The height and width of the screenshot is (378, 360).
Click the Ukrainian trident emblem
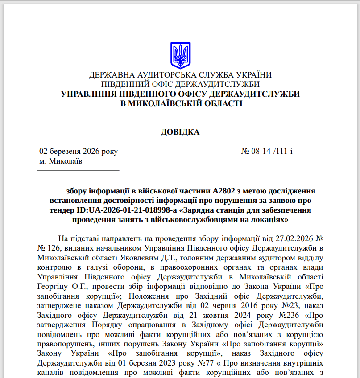click(x=180, y=55)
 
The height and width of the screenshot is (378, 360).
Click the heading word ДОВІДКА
click(x=180, y=132)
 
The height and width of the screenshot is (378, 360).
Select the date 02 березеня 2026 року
click(x=79, y=151)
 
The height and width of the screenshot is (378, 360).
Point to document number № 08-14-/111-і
click(x=267, y=151)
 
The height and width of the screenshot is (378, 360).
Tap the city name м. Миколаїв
click(x=61, y=161)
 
